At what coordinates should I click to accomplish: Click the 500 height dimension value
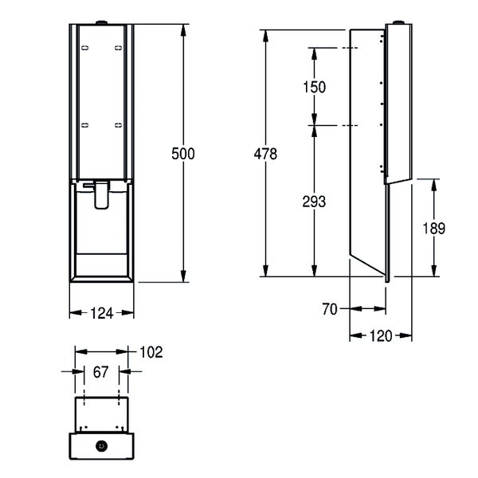(x=183, y=154)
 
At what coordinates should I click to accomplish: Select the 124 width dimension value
(x=102, y=313)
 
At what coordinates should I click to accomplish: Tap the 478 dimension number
(x=265, y=154)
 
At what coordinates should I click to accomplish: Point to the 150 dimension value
(x=315, y=87)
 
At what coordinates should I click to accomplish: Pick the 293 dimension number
(x=314, y=202)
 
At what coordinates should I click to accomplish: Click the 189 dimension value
(x=434, y=229)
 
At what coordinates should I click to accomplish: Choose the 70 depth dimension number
(x=330, y=309)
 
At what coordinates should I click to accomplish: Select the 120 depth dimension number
(x=381, y=336)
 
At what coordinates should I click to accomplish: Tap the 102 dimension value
(x=151, y=352)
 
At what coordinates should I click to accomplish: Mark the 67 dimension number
(x=100, y=372)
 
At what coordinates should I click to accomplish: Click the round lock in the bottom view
(x=101, y=446)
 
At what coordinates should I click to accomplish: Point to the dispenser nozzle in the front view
(x=101, y=195)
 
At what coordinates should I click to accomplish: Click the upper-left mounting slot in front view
(x=85, y=48)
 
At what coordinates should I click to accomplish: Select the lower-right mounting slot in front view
(x=118, y=125)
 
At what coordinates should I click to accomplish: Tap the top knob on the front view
(x=101, y=22)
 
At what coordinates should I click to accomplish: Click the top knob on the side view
(x=398, y=22)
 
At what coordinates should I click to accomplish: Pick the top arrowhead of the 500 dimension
(x=183, y=30)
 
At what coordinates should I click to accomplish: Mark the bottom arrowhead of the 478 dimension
(x=265, y=270)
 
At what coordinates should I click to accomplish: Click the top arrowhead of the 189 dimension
(x=434, y=186)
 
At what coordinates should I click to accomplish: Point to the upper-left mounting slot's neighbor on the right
(x=118, y=48)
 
